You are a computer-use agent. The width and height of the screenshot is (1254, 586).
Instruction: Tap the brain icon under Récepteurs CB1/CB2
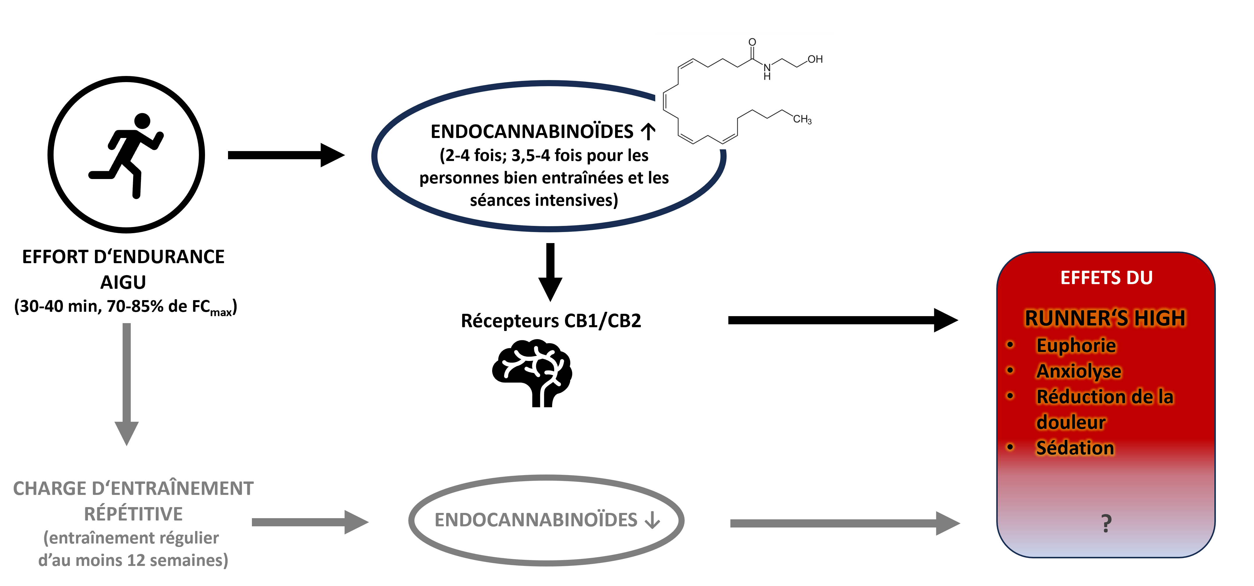(531, 372)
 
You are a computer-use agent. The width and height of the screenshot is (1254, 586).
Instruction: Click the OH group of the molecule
(815, 59)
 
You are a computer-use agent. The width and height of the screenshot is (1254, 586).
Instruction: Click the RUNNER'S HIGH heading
(1105, 318)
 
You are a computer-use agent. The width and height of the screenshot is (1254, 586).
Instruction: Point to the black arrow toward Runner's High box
(842, 320)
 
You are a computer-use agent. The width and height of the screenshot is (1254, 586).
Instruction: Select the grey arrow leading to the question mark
(845, 523)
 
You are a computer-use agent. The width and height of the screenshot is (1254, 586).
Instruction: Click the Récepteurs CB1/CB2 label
(551, 321)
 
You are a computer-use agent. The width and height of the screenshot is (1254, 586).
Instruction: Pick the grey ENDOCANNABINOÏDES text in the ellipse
(536, 520)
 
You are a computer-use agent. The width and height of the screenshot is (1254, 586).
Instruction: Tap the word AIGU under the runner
(123, 282)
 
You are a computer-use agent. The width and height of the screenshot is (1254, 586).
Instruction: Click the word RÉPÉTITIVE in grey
(133, 514)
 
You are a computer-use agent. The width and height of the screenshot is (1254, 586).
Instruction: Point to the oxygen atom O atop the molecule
(752, 42)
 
